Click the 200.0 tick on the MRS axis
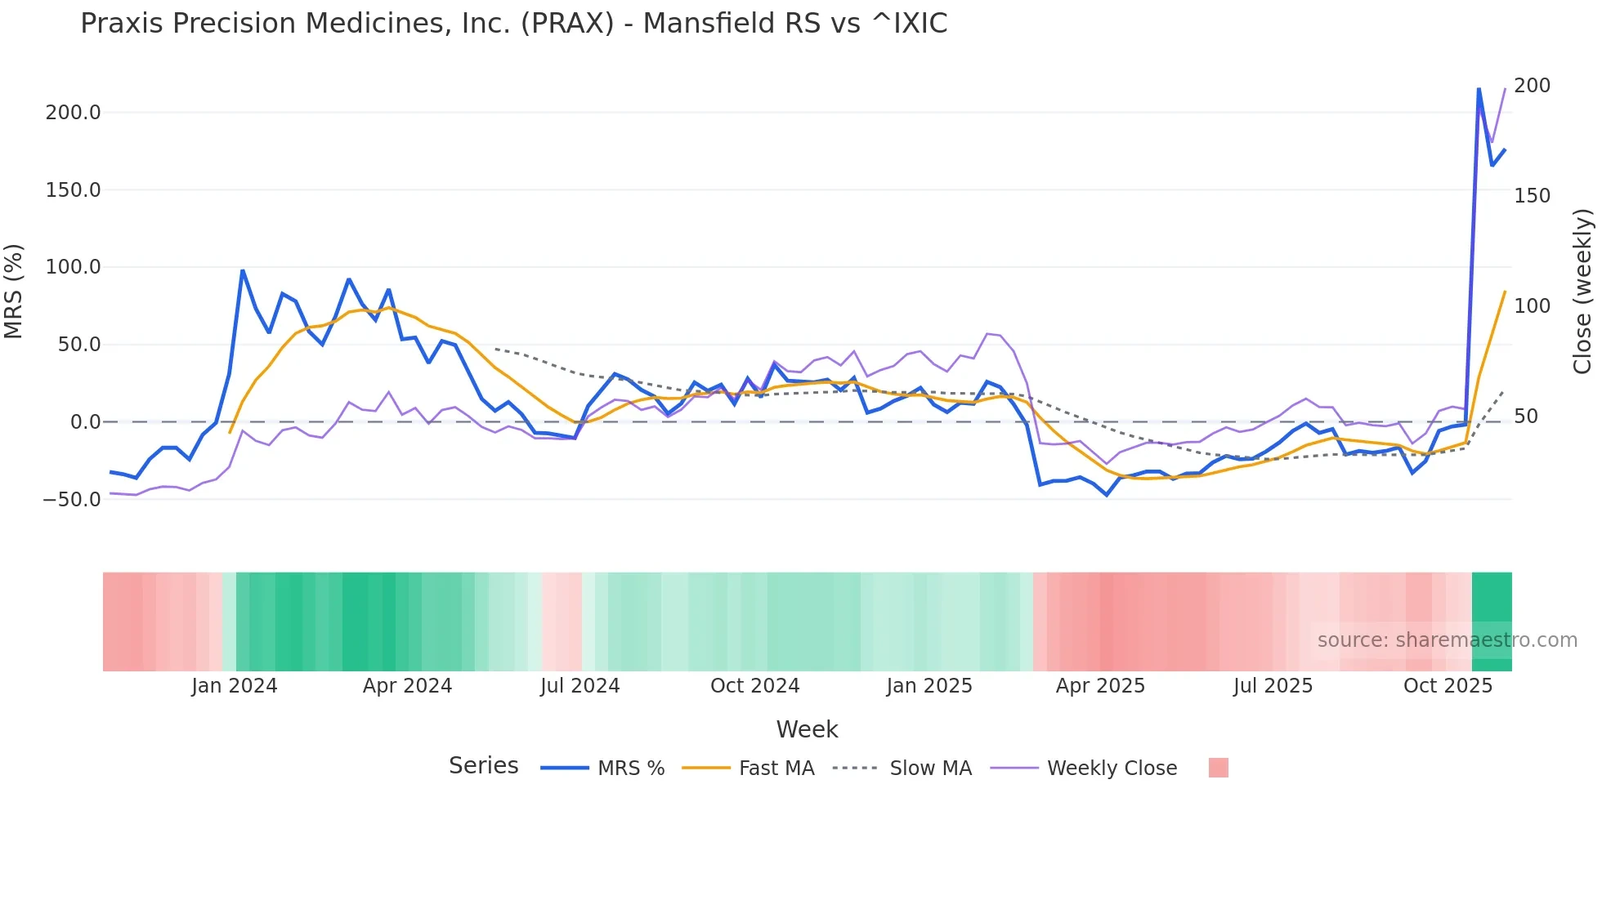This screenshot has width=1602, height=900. coord(73,113)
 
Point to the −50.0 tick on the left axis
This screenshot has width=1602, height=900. coord(72,500)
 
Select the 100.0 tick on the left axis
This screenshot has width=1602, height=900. coord(73,267)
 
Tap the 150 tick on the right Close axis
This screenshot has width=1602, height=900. coord(1532,196)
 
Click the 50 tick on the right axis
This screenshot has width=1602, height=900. coord(1526,417)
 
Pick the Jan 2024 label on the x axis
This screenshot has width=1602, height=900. coord(235,686)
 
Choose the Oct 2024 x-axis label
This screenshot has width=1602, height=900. coord(754,686)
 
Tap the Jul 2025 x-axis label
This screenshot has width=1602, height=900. coord(1273,686)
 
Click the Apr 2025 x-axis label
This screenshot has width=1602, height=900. coord(1100,686)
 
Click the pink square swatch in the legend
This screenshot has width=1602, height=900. coord(1218,769)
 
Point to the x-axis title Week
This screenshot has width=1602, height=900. coord(807,729)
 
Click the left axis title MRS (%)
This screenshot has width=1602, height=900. coord(14,292)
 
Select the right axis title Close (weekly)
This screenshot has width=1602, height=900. coord(1582,292)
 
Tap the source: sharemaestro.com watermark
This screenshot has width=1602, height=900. coord(1447,640)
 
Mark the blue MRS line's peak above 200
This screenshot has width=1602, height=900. coord(1479,89)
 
